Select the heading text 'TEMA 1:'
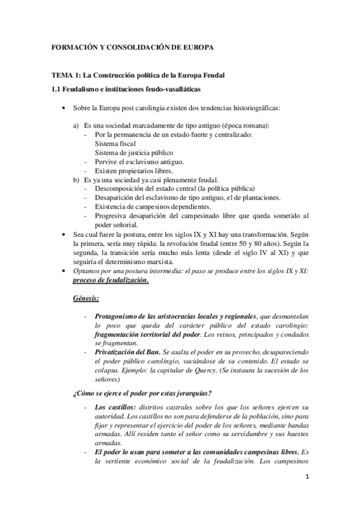pyautogui.click(x=64, y=76)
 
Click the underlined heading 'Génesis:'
pyautogui.click(x=86, y=298)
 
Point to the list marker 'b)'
pyautogui.click(x=76, y=179)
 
